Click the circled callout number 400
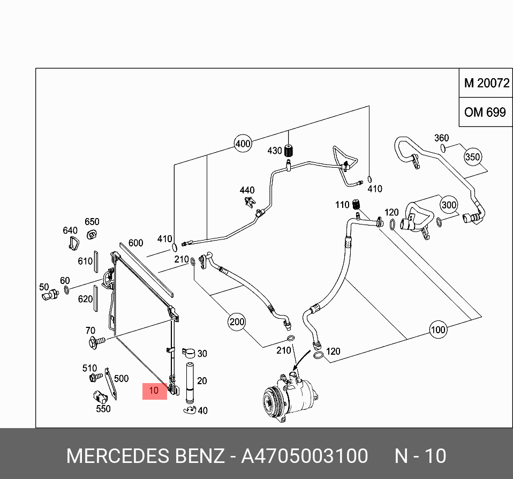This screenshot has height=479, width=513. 243,144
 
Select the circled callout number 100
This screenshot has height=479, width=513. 438,330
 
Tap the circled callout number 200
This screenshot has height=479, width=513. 237,322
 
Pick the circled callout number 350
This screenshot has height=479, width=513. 472,157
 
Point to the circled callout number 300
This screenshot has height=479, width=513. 449,205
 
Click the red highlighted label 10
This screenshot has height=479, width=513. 154,391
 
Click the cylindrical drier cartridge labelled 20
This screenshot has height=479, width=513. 189,381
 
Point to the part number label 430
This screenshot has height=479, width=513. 274,151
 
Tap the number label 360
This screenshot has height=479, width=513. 441,138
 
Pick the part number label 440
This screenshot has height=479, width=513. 247,190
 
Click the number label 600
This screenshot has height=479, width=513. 135,243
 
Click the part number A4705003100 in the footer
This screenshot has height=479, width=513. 305,456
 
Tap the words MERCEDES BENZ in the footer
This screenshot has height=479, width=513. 145,456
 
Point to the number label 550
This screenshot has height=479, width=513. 103,409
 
